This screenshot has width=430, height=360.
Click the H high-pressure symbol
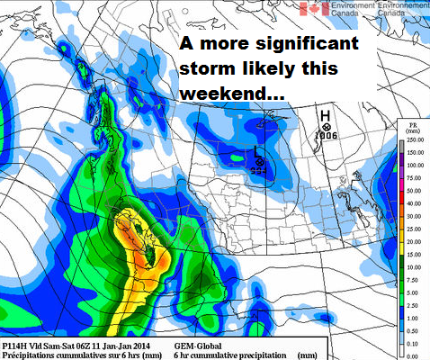point(327,114)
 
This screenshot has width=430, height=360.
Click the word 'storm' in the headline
point(208,68)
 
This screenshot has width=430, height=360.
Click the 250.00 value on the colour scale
point(414,139)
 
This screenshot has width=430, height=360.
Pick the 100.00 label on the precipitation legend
point(414,165)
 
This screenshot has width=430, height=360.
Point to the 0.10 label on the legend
point(414,344)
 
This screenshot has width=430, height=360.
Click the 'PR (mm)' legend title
point(412,125)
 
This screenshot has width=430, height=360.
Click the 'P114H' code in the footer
point(17,344)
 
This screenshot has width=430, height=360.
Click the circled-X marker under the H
point(327,127)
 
